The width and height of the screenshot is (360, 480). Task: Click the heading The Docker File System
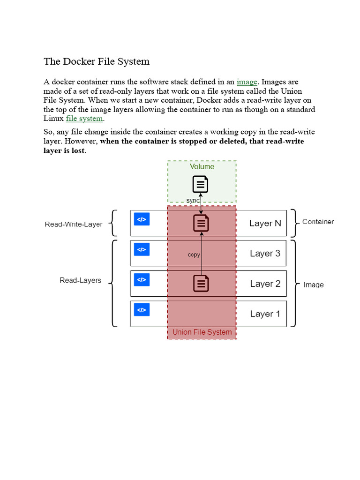(97, 61)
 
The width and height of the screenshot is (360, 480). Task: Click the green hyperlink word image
(247, 82)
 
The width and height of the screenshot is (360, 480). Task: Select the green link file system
(84, 119)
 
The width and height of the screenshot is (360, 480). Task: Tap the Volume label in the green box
(202, 167)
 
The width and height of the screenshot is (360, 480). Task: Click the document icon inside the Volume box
(201, 184)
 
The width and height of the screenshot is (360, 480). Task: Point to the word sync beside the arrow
(193, 200)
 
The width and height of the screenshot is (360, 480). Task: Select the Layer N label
(265, 224)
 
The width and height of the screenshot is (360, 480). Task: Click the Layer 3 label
(265, 254)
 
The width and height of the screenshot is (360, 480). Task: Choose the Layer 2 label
(265, 284)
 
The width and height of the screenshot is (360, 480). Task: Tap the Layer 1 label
(265, 314)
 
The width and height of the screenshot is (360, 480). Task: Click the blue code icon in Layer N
(142, 219)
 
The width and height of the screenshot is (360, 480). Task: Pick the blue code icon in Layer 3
(142, 249)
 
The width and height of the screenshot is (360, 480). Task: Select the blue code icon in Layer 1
(142, 309)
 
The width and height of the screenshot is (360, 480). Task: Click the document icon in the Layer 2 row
(201, 283)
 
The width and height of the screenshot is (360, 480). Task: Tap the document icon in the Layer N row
(201, 223)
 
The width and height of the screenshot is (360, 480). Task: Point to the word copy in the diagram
(194, 255)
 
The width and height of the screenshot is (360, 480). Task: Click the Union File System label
(202, 332)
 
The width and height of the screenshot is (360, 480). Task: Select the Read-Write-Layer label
(74, 225)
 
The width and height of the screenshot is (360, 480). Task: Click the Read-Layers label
(80, 280)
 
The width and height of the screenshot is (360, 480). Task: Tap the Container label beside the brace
(318, 222)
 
